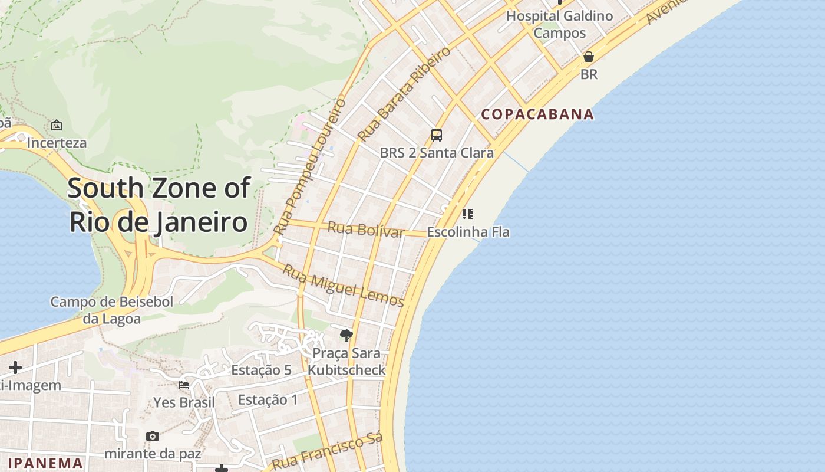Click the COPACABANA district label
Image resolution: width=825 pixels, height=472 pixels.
point(537,114)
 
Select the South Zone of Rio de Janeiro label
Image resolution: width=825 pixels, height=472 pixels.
point(159,205)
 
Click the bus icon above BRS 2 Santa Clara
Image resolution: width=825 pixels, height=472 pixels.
point(437,135)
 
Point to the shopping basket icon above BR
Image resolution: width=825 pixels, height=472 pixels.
point(588,57)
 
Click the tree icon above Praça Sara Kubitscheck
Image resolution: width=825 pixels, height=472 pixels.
point(346,336)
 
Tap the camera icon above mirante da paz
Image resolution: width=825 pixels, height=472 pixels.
point(153,436)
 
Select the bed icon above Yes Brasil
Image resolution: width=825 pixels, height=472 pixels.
point(184,385)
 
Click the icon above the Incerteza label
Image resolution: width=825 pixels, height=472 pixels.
point(57,125)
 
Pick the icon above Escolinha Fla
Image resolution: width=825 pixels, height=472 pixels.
point(468,214)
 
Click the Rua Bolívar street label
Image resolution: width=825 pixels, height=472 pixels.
point(366,229)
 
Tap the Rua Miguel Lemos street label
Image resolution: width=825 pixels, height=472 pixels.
point(344,286)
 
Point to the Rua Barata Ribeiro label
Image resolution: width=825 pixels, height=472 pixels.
point(404,93)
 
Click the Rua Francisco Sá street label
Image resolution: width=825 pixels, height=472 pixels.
point(328,452)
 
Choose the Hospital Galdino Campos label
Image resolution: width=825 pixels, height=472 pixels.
point(560,24)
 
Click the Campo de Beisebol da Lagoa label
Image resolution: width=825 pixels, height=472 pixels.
point(111,310)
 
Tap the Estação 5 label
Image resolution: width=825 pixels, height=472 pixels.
point(261,370)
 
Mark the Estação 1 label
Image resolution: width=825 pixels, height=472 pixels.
point(268,400)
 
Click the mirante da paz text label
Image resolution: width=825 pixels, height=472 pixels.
point(153,454)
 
